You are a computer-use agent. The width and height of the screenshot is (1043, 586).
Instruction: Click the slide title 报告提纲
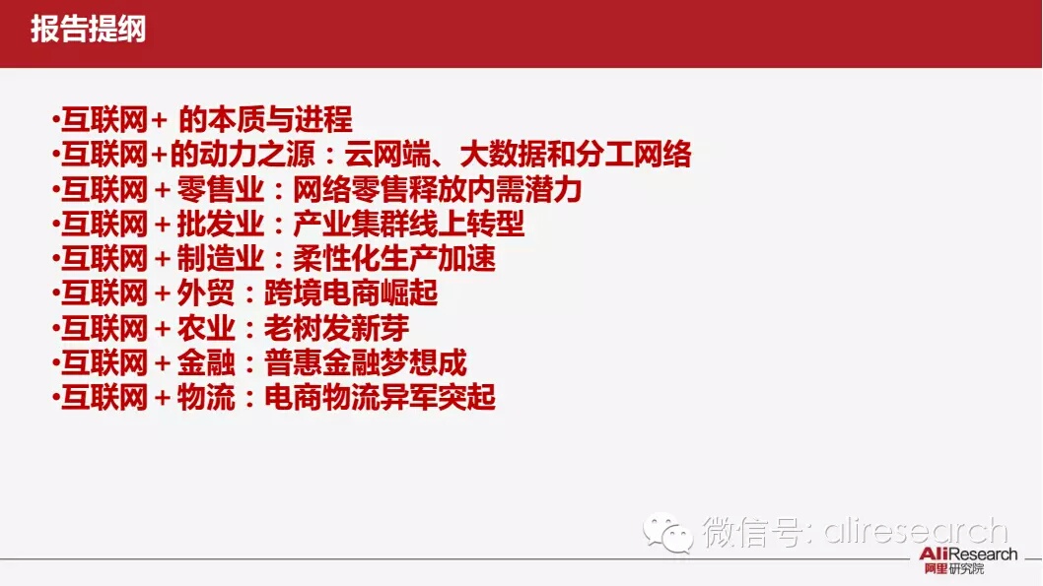click(88, 30)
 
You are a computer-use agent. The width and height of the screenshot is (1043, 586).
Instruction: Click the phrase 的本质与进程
click(265, 119)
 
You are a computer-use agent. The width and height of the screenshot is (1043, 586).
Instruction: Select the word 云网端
click(387, 155)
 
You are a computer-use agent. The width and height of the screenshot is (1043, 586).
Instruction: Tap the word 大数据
click(503, 155)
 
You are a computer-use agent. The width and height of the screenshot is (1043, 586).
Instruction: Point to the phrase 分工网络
click(633, 155)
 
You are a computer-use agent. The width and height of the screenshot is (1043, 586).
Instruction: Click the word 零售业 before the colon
click(220, 189)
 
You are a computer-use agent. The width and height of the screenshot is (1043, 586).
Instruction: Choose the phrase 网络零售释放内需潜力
click(437, 189)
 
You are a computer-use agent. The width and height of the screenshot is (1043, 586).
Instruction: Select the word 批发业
click(220, 224)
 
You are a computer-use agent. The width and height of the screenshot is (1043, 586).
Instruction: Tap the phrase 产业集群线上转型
click(408, 224)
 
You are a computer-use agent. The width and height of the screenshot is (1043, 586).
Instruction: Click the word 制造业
click(220, 258)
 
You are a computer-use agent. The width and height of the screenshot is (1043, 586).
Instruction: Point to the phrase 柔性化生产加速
click(393, 258)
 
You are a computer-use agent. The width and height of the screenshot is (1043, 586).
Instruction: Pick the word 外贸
click(205, 293)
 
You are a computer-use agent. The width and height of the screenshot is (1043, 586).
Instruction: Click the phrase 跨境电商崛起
click(351, 293)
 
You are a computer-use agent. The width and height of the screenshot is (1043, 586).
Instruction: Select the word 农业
click(205, 328)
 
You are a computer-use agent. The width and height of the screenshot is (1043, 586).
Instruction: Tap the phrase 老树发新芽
click(336, 328)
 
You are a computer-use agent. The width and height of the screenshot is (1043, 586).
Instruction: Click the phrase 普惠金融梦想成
click(365, 362)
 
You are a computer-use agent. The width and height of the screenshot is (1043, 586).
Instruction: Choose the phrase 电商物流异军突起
click(380, 397)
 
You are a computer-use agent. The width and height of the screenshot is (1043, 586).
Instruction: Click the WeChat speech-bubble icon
click(667, 533)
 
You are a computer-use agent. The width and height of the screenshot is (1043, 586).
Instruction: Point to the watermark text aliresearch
click(915, 532)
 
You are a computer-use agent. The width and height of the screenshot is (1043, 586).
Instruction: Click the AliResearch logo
click(968, 560)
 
